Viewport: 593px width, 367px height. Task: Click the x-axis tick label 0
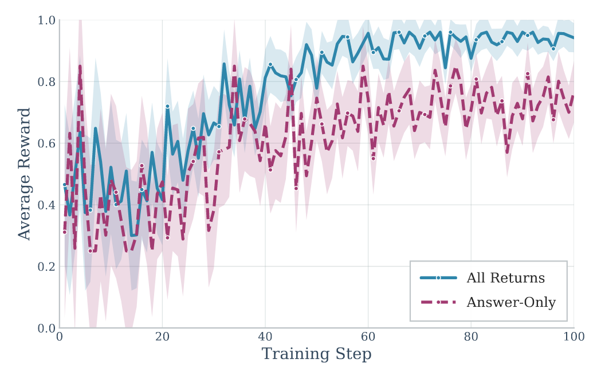(x=60, y=338)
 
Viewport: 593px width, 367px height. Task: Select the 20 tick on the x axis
(x=162, y=338)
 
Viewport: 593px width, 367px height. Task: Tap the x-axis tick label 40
(x=265, y=338)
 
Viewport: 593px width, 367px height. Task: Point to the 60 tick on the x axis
(x=368, y=338)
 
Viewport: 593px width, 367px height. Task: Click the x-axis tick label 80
(x=471, y=338)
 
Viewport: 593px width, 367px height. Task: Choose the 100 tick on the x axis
(x=574, y=338)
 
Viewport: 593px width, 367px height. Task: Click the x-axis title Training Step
(x=316, y=354)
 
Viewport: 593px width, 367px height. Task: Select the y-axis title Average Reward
(x=24, y=174)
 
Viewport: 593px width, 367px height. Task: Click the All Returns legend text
(x=506, y=279)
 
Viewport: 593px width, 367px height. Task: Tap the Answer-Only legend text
(x=511, y=302)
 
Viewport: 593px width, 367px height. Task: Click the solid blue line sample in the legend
(x=438, y=278)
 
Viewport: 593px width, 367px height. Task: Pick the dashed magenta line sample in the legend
(x=438, y=302)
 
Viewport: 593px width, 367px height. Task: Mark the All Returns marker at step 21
(x=167, y=106)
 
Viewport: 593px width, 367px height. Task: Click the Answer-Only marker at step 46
(x=296, y=188)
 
